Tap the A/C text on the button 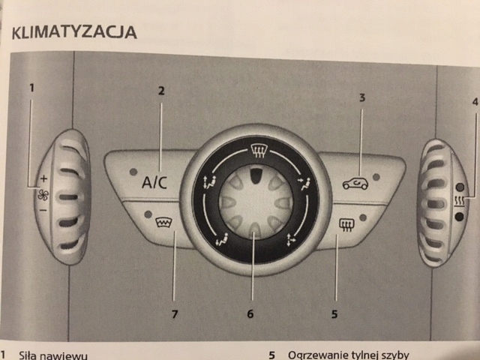(x=155, y=181)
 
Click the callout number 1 (x=31, y=88)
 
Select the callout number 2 (x=160, y=91)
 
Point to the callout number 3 (x=361, y=97)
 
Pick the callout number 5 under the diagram (x=334, y=313)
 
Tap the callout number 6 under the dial (x=250, y=313)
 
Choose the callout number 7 (x=174, y=313)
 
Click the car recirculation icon (x=355, y=182)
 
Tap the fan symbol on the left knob (x=42, y=194)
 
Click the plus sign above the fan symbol (x=43, y=179)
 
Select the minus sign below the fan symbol (x=43, y=209)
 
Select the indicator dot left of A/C (x=132, y=172)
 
